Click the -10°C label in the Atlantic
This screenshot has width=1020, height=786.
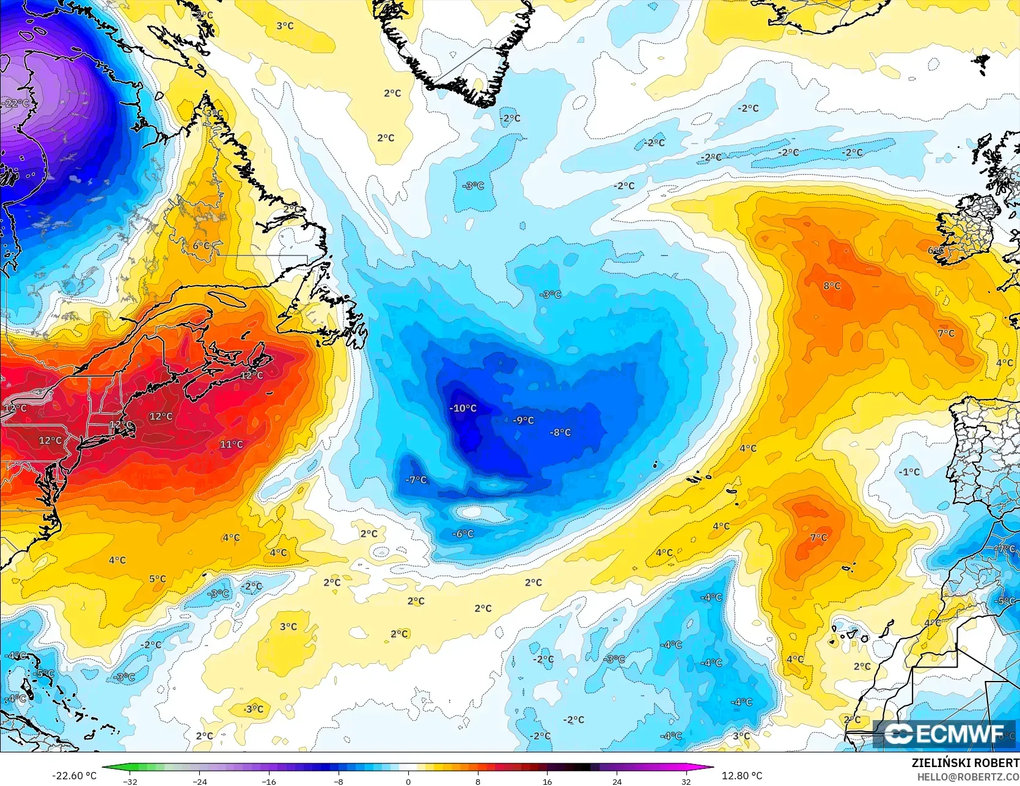coord(463,408)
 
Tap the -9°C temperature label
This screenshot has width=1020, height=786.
coord(523,420)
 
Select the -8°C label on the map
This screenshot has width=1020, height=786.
coord(560,432)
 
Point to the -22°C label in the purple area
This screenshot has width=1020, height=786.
coord(15,103)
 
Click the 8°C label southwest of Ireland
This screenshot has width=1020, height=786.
coord(832,286)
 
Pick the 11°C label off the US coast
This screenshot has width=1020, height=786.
coord(231,445)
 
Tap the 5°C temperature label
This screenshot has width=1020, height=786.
coord(157,579)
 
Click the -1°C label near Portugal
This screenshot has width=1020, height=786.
coord(909,472)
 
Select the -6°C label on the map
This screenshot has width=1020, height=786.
coord(463,534)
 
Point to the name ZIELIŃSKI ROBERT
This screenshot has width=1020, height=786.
coord(965,763)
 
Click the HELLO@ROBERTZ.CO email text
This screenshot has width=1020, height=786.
coord(968,776)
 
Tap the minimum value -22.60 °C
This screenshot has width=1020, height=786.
coord(75,776)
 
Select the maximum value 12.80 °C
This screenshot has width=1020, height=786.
coord(742,776)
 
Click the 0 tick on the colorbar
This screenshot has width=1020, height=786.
coord(408,781)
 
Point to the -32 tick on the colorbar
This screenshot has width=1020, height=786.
coord(130,781)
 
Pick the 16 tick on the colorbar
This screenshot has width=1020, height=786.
coord(547,781)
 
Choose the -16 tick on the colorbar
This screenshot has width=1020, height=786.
coord(269,781)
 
